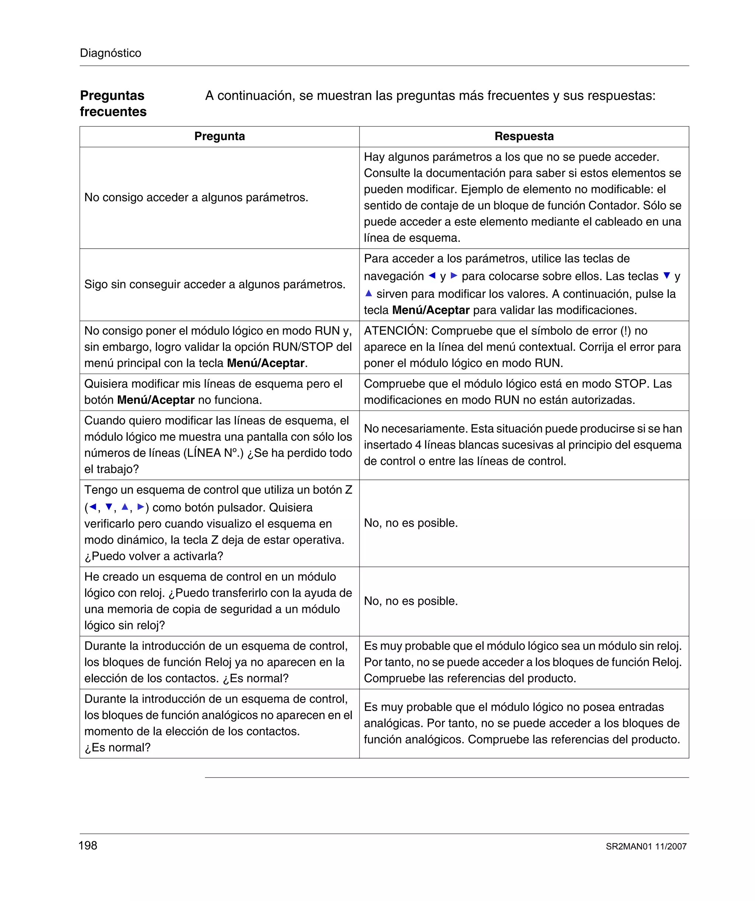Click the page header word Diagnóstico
110,53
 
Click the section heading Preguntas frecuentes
113,103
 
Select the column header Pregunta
219,136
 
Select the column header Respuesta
524,136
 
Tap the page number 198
88,846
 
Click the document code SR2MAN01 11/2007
646,846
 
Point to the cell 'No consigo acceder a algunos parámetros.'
196,197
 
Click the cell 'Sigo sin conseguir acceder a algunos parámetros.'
215,284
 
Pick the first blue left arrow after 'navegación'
432,276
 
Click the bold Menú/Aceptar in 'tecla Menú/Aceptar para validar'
431,310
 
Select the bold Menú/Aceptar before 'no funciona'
156,400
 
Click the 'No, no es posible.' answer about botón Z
411,523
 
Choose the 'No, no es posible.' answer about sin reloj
411,601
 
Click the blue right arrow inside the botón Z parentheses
141,507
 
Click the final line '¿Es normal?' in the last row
118,748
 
